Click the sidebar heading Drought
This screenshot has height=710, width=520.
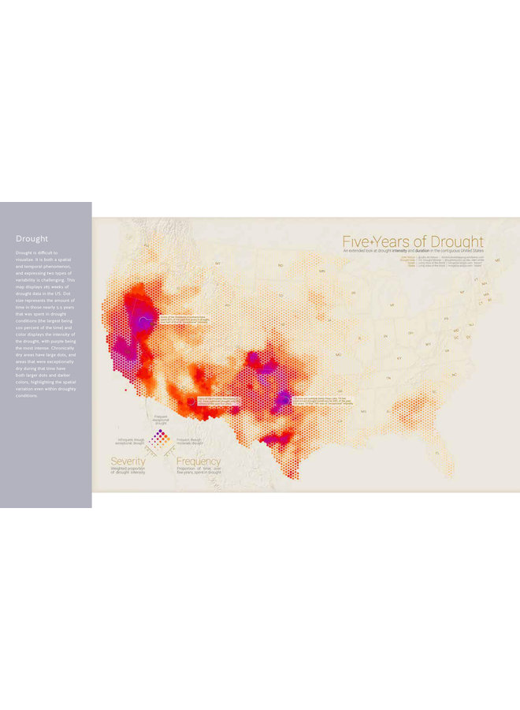tap(32, 238)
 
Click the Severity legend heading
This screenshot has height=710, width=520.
tap(128, 461)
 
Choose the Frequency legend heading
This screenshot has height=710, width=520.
tap(199, 461)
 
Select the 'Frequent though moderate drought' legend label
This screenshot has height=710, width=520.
tap(190, 440)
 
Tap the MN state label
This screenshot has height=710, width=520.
tap(321, 271)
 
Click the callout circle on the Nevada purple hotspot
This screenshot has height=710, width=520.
tap(143, 319)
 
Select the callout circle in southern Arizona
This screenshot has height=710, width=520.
tap(191, 402)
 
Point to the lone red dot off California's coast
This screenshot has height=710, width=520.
tap(124, 387)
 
